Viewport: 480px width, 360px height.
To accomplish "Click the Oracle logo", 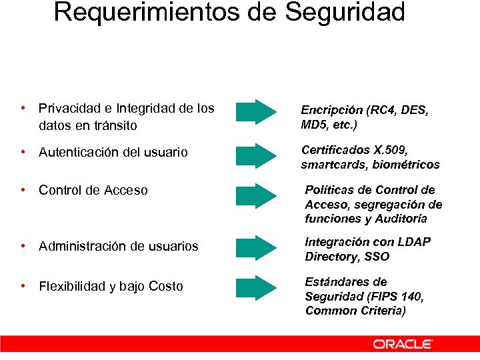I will click(403, 344).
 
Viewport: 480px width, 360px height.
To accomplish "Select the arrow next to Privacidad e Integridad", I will click(257, 112).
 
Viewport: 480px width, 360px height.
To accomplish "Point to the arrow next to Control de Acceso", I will click(257, 195).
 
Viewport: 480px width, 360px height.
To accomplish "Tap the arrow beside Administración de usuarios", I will click(257, 247).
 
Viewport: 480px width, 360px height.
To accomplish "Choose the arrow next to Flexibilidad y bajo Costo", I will click(257, 287).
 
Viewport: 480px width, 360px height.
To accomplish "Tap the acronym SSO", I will click(378, 257).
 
